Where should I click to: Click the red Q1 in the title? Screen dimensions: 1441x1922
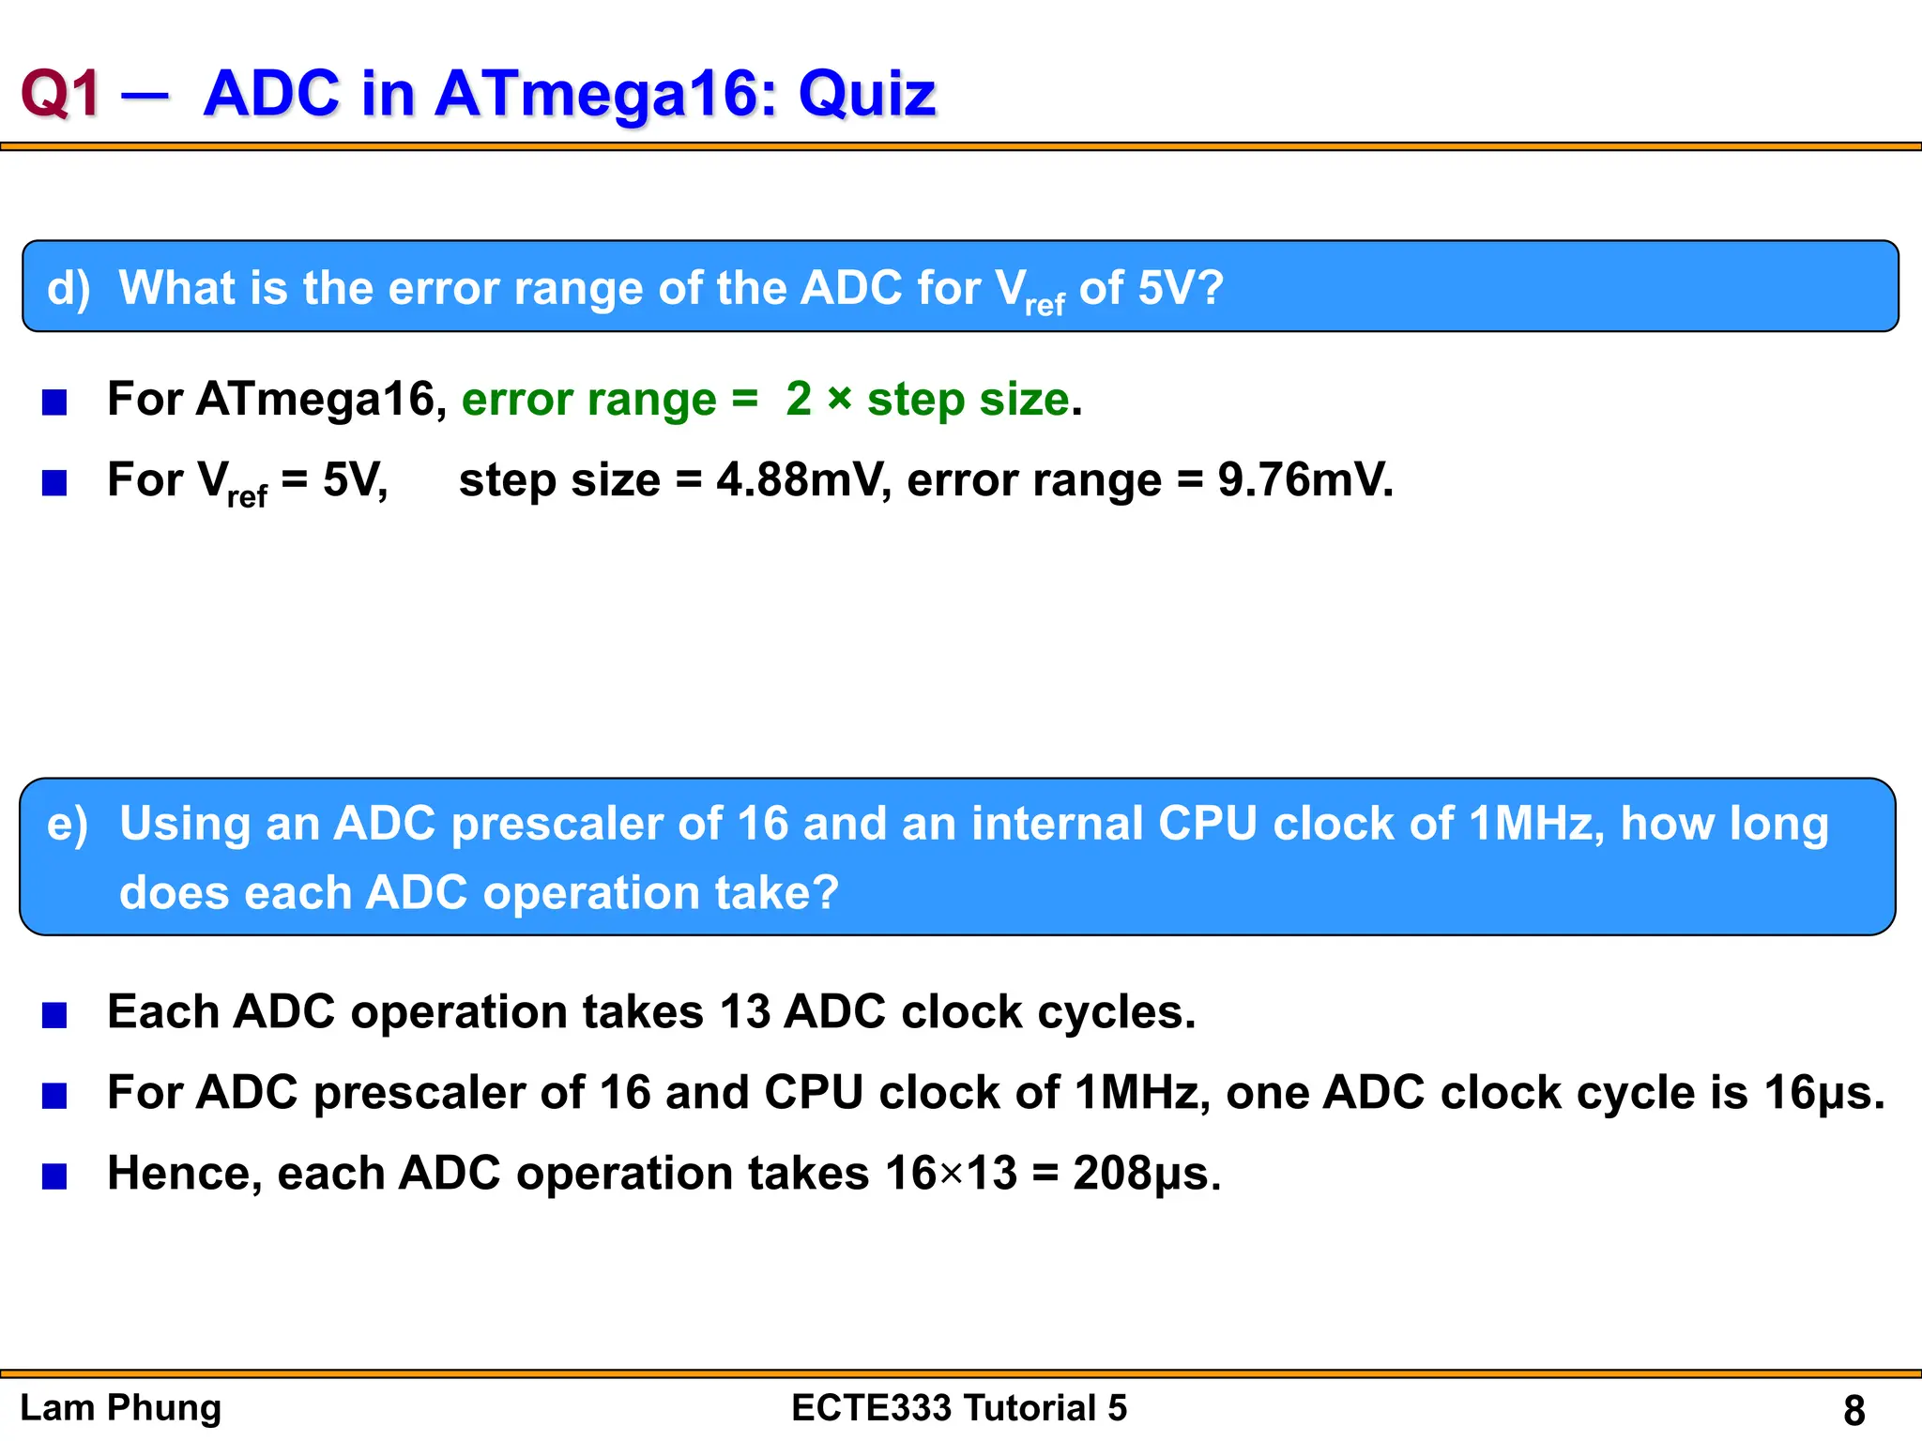60,94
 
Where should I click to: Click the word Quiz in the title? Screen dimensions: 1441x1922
866,94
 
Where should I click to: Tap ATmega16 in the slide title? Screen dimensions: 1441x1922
597,94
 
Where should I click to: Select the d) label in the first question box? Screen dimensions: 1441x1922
69,287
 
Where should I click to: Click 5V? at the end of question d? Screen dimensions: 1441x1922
1180,287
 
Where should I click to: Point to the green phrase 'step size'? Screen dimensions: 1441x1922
967,399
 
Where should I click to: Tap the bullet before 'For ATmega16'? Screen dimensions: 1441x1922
54,402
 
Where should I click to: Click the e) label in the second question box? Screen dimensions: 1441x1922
68,824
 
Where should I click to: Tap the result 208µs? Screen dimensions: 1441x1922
1146,1174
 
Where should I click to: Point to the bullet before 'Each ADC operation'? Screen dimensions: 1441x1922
54,1015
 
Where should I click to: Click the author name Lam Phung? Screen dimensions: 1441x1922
121,1408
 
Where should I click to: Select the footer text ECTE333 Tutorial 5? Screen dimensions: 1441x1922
959,1408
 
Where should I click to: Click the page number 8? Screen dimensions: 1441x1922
1853,1410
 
